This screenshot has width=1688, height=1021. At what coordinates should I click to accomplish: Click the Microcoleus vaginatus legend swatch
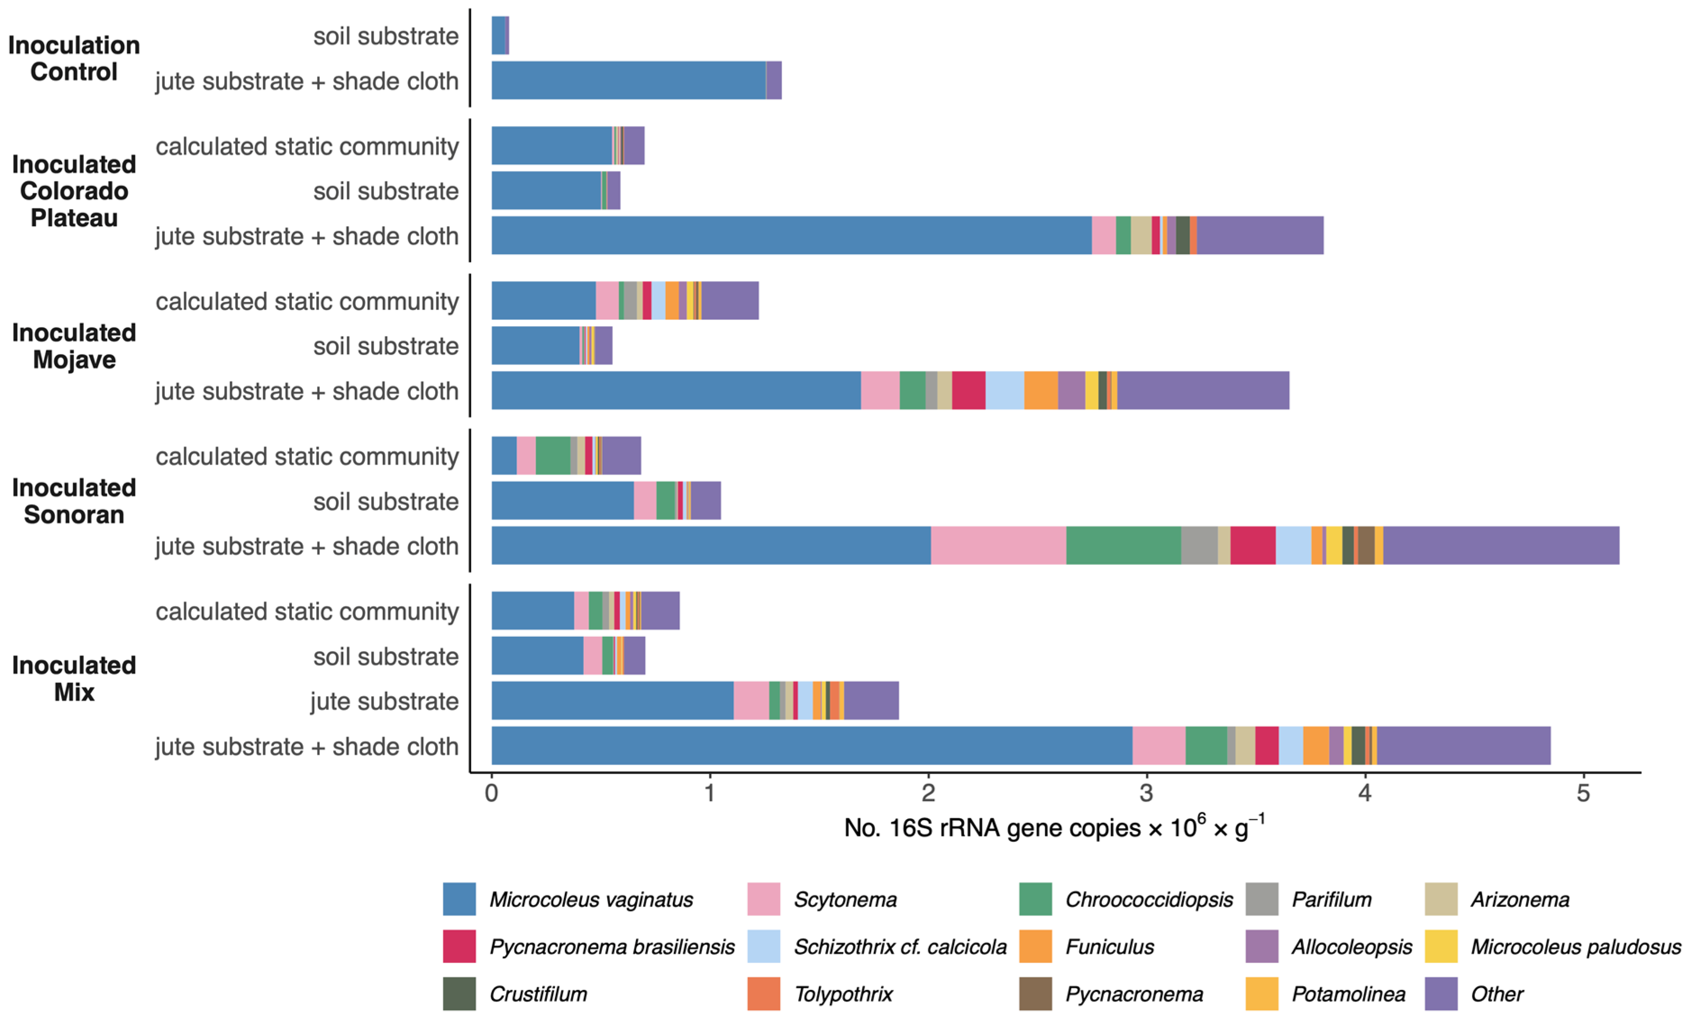tap(459, 899)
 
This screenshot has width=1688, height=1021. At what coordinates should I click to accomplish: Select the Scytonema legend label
tap(845, 899)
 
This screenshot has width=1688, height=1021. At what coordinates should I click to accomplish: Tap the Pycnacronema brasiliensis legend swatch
tap(459, 946)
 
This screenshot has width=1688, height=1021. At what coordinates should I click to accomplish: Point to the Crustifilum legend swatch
tap(459, 994)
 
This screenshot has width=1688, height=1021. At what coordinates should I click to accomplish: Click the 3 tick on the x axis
tap(1146, 793)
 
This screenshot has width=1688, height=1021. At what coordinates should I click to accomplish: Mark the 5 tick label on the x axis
tap(1583, 793)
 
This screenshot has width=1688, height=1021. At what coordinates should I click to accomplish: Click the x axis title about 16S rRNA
tap(1053, 827)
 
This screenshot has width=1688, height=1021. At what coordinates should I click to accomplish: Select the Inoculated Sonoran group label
tap(74, 501)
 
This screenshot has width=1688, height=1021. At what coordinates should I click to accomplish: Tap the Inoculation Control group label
tap(74, 58)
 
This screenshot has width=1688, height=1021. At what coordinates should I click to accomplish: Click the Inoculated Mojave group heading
tap(74, 346)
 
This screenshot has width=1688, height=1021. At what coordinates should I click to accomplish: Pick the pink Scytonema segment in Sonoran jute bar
tap(998, 546)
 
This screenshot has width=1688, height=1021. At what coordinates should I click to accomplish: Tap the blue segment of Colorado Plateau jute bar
tap(791, 236)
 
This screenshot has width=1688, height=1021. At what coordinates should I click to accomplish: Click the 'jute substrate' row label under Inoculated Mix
tap(384, 701)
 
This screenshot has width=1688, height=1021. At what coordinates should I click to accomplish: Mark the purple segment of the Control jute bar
tap(773, 80)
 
